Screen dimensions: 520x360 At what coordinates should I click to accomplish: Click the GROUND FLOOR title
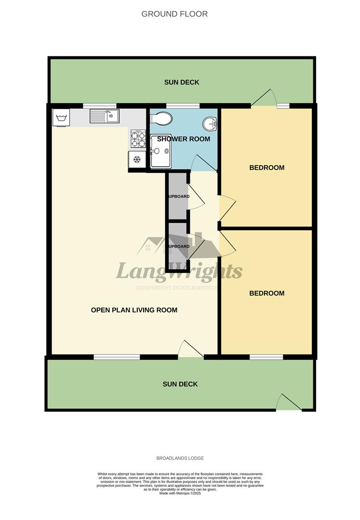click(174, 14)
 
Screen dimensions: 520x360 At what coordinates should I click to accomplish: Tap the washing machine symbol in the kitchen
click(61, 117)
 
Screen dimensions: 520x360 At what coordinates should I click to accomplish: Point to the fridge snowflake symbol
click(136, 159)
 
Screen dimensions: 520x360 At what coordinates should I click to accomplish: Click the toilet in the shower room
click(160, 118)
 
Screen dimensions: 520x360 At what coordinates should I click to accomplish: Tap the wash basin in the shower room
click(210, 124)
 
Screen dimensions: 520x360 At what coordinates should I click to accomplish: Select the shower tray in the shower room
click(160, 152)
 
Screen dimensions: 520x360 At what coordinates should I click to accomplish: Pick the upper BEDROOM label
click(267, 168)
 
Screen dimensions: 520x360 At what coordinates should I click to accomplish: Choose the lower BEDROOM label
click(267, 293)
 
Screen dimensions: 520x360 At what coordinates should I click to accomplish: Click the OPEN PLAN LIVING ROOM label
click(134, 310)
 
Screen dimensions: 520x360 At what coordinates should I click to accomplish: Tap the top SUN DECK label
click(182, 82)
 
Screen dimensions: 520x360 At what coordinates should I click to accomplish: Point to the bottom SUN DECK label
click(180, 384)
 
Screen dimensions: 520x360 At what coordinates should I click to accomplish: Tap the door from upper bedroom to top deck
click(264, 98)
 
